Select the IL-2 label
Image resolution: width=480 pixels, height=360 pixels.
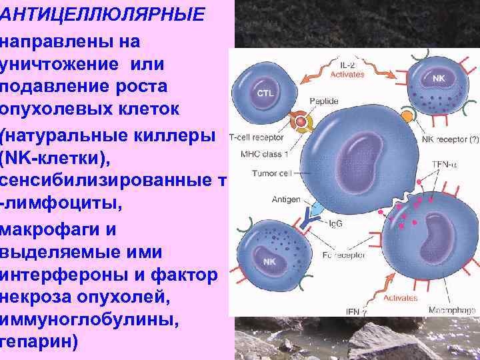[x=347, y=65]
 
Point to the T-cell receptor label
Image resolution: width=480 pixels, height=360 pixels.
[x=257, y=138]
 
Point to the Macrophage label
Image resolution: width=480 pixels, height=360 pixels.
[x=453, y=310]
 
